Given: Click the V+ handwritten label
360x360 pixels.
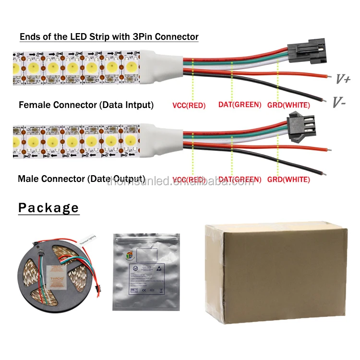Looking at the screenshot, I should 342,79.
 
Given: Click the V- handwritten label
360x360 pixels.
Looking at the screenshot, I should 340,101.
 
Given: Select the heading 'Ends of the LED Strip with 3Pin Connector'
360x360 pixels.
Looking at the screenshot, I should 109,36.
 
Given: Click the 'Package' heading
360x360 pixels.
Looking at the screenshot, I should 48,208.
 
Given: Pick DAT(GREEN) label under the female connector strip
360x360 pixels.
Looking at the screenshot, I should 240,105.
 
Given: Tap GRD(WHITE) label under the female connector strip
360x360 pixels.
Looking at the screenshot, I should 288,105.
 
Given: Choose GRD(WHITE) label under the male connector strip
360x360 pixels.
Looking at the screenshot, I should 288,180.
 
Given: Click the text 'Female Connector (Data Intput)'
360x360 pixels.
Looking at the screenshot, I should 86,105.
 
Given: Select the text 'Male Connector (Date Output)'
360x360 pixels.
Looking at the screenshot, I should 82,179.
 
